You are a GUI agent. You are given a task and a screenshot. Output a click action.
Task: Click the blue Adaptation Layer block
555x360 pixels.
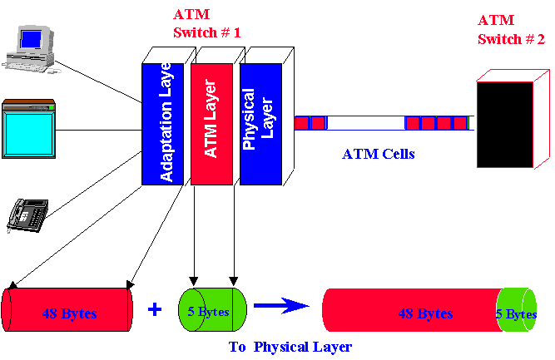164,121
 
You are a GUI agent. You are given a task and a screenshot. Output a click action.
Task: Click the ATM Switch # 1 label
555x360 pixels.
206,24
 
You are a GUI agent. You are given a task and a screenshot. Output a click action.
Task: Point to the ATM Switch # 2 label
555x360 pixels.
511,29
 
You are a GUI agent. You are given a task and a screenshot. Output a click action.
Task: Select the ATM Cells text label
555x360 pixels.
378,155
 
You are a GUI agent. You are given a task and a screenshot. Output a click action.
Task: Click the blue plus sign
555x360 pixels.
155,309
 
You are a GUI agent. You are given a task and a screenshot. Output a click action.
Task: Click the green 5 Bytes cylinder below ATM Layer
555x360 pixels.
211,310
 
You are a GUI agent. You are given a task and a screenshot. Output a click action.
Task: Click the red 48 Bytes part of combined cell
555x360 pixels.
412,314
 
